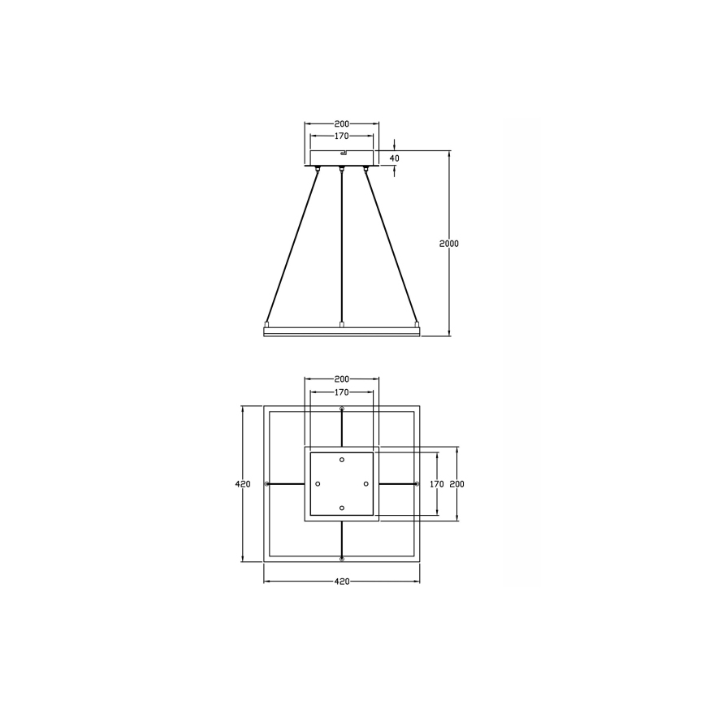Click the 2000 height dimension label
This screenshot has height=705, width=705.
pos(449,244)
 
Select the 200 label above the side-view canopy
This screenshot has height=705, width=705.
pos(342,124)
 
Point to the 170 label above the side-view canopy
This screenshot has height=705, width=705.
pos(342,136)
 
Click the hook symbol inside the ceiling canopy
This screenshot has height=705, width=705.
pos(343,153)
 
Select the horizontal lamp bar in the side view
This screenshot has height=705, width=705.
pos(342,331)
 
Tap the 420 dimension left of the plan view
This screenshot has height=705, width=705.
pos(242,484)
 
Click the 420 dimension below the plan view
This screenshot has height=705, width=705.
pos(342,582)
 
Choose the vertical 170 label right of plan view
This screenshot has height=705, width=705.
pos(437,484)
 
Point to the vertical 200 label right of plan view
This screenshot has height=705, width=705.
pos(456,484)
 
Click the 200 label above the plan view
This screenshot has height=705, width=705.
pos(342,379)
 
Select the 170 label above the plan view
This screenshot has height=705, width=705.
pos(342,392)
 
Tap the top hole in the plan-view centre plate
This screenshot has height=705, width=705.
pos(342,460)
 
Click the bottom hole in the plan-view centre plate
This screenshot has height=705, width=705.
pos(342,508)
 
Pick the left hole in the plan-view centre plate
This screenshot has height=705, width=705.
pos(318,484)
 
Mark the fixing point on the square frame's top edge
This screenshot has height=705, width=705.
pos(342,408)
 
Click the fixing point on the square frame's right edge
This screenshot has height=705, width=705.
pos(417,484)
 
